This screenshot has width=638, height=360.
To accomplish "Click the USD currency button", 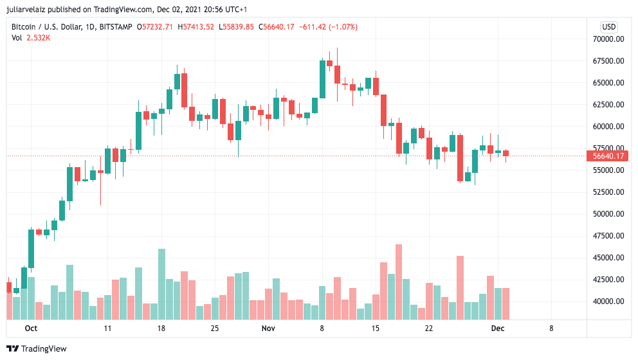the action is point(608,27).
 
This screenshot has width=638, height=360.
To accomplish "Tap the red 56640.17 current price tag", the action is point(608,156).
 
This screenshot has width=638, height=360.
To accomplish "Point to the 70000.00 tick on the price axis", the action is point(608,39).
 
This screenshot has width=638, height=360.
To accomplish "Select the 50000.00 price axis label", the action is point(608,214).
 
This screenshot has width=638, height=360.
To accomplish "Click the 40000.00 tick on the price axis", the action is point(608,301).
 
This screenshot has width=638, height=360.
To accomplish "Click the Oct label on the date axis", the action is point(31,328).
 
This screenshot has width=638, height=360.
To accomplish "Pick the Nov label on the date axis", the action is point(268,328).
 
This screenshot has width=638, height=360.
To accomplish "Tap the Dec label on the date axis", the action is point(498,328).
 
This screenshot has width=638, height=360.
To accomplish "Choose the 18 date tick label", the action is point(161,328).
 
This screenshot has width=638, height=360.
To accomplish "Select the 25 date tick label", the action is point(215,328).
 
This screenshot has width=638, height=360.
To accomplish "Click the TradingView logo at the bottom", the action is point(37,348).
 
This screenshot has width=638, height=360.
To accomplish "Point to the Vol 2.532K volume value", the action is point(31,38).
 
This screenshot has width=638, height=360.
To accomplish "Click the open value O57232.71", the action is point(154,27).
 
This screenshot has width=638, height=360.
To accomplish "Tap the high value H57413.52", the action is point(196,27).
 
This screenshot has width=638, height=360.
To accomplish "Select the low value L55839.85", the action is point(236,27).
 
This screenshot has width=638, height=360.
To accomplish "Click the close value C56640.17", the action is point(277,27).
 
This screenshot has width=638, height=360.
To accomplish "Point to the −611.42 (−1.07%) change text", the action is point(328,27).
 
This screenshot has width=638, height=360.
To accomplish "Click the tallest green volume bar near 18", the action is point(161,284).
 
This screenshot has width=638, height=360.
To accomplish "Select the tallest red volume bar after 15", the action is point(399,282).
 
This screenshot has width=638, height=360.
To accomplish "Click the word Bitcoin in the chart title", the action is point(24,27).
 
